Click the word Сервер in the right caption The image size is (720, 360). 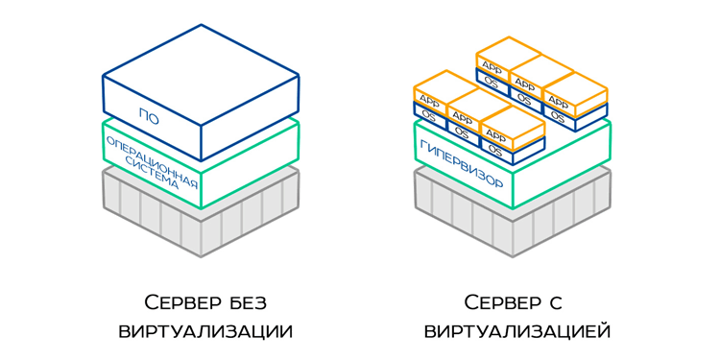(x=502, y=303)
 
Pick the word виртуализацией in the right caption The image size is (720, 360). (x=516, y=332)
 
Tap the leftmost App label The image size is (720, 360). (x=428, y=99)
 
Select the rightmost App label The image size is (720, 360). (x=559, y=101)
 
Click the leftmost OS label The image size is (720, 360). (x=428, y=116)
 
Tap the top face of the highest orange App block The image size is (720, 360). (x=508, y=49)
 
